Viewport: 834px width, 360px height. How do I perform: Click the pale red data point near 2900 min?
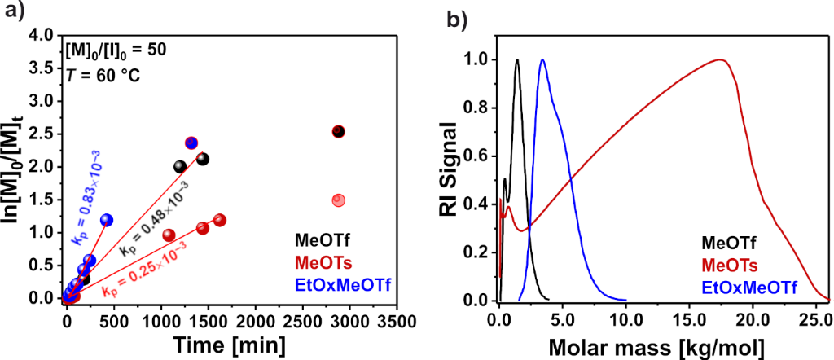(x=340, y=200)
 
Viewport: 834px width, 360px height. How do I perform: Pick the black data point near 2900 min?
(x=339, y=131)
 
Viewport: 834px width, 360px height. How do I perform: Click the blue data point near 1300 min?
(x=191, y=143)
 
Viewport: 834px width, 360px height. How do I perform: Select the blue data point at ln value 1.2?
(x=107, y=220)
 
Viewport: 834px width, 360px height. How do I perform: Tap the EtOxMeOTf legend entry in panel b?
(x=748, y=285)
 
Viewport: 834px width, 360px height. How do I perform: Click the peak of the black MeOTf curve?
(x=516, y=59)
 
